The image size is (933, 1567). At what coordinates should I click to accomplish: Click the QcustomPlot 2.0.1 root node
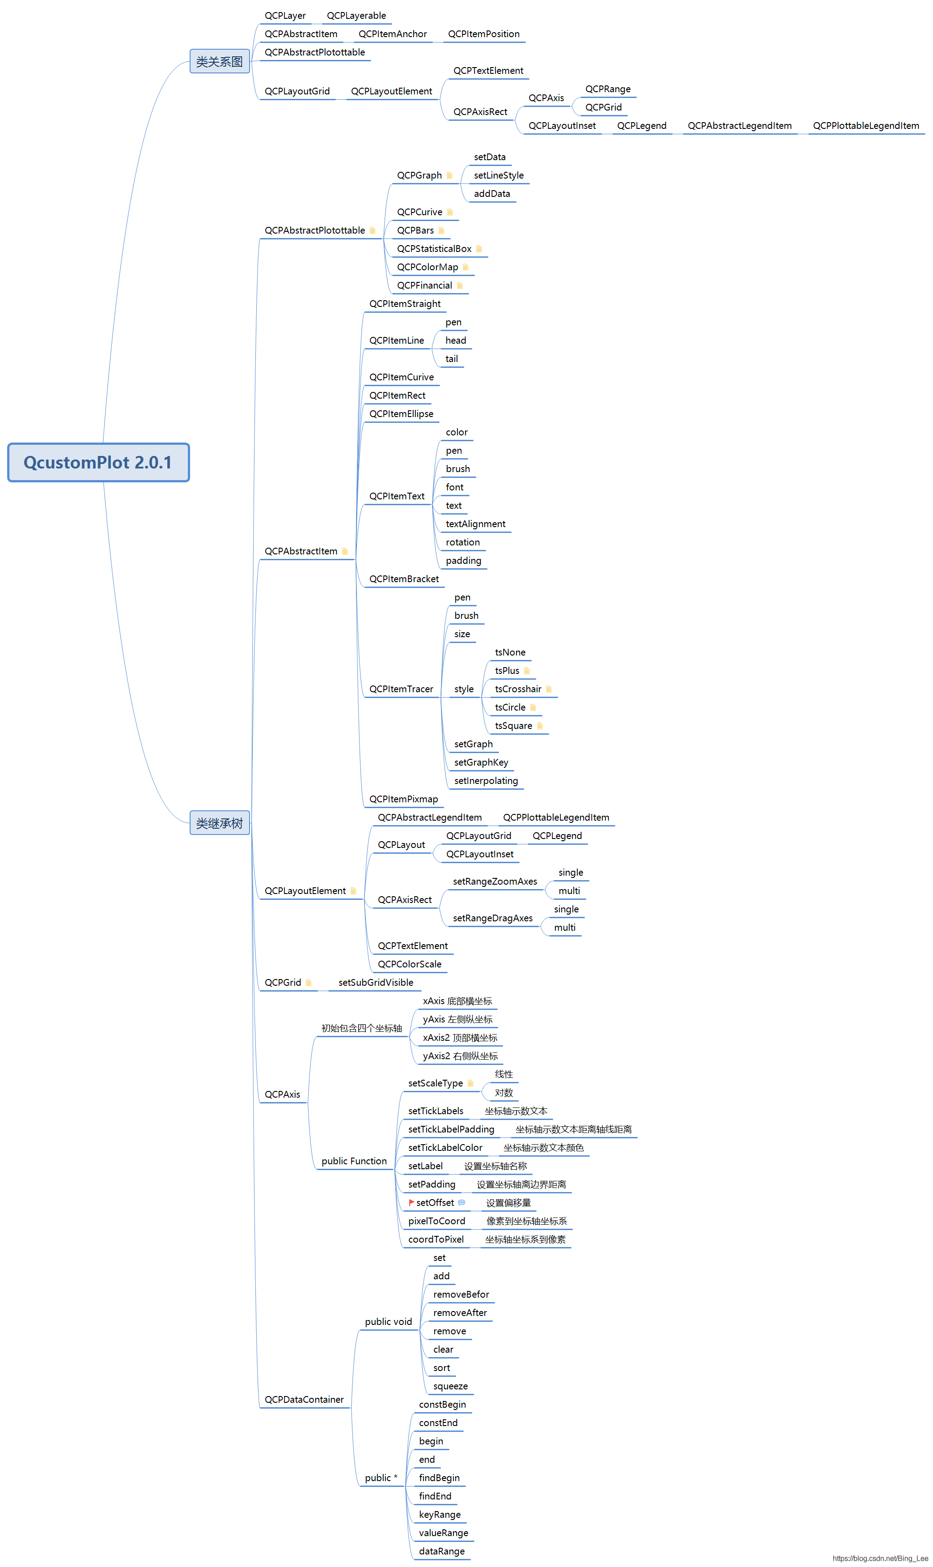click(x=98, y=462)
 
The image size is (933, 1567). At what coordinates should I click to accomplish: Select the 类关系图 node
click(x=220, y=62)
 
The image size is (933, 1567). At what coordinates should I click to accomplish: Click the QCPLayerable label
click(x=356, y=16)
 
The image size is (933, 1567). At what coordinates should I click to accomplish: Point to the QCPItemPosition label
click(x=483, y=34)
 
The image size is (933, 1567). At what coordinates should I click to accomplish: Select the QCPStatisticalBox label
click(x=434, y=249)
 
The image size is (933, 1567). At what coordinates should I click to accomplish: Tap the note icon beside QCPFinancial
click(x=460, y=285)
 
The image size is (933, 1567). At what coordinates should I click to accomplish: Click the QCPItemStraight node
click(x=404, y=304)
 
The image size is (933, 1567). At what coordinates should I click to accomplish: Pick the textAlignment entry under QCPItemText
click(x=475, y=524)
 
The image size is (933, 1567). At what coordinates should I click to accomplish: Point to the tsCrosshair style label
click(x=517, y=689)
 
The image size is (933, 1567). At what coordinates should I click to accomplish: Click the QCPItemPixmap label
click(x=403, y=799)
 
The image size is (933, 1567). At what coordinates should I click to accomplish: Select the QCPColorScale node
click(x=409, y=964)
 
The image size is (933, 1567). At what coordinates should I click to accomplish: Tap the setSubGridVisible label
click(x=375, y=982)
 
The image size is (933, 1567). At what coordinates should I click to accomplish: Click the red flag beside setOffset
click(x=411, y=1202)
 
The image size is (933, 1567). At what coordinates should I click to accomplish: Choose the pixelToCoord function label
click(x=437, y=1221)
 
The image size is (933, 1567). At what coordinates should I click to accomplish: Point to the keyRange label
click(x=440, y=1514)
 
